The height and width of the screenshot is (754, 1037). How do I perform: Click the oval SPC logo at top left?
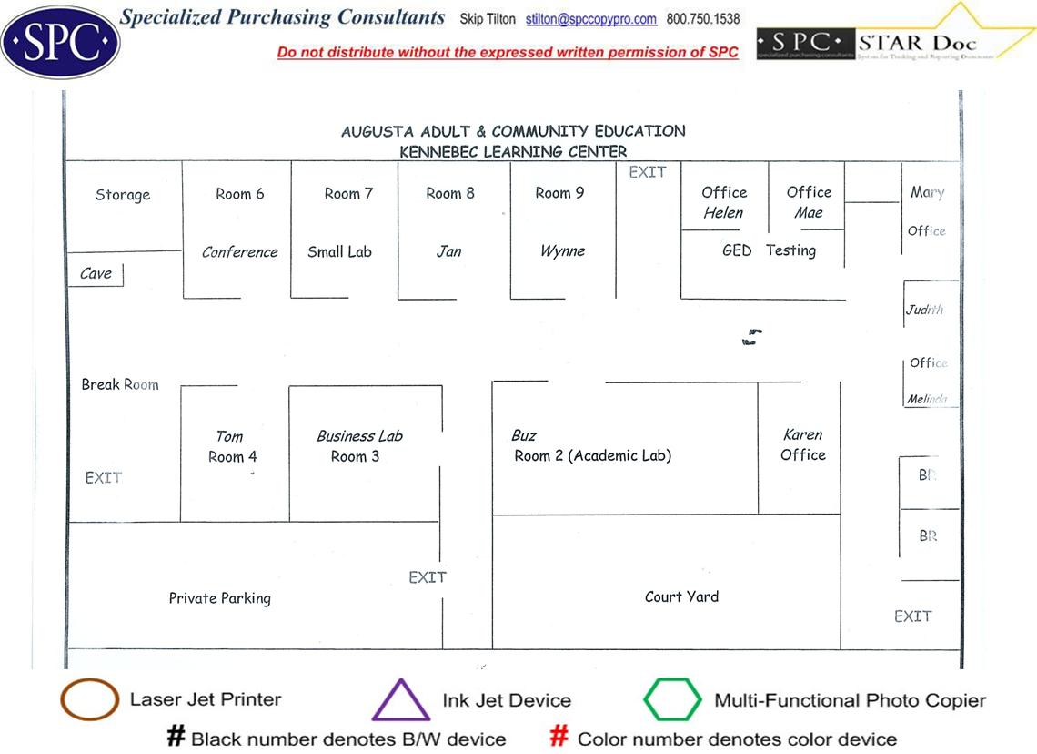click(x=60, y=42)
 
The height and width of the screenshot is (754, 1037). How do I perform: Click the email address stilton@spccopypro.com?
click(x=604, y=19)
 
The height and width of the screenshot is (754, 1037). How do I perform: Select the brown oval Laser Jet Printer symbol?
click(x=89, y=700)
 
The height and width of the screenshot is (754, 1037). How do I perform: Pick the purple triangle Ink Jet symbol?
click(x=400, y=700)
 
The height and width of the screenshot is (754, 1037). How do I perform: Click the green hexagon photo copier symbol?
click(x=672, y=700)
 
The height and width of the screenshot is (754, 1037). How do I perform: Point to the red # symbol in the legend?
click(x=560, y=737)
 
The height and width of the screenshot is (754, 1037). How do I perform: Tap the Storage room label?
click(x=123, y=195)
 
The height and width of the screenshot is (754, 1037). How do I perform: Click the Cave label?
click(x=96, y=273)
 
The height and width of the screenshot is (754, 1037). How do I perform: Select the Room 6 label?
click(x=240, y=194)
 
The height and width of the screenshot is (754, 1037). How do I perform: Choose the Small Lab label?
click(x=339, y=252)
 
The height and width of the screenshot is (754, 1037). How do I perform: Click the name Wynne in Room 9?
click(x=562, y=251)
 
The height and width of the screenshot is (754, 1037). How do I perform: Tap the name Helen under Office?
click(x=723, y=213)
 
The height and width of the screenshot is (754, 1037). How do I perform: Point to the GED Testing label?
click(x=769, y=250)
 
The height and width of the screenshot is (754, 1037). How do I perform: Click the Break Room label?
click(x=120, y=385)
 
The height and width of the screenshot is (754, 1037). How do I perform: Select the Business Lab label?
click(x=359, y=436)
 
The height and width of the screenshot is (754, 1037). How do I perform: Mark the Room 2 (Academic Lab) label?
click(x=593, y=456)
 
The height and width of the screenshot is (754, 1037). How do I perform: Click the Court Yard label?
click(x=681, y=597)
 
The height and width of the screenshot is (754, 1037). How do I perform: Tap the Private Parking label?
click(x=220, y=598)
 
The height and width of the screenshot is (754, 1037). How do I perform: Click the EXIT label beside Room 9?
click(x=648, y=172)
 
